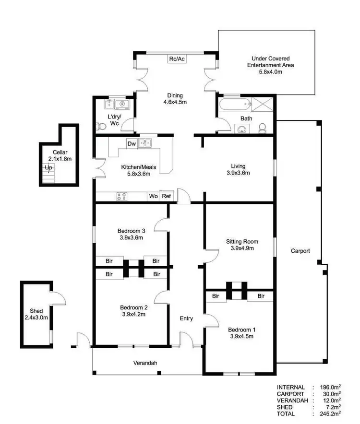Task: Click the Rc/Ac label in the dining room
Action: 177,59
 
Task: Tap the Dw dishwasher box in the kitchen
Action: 132,143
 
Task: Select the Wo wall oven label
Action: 154,196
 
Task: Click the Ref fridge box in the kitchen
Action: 166,196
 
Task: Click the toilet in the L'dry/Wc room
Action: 101,127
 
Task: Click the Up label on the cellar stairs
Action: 48,168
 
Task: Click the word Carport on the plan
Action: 300,251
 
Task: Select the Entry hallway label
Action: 186,318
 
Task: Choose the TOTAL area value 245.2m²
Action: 329,413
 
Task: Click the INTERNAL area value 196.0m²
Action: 329,387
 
